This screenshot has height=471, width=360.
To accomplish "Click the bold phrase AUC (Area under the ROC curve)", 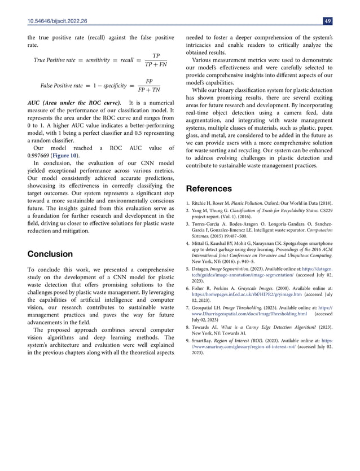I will pyautogui.click(x=74, y=104).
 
